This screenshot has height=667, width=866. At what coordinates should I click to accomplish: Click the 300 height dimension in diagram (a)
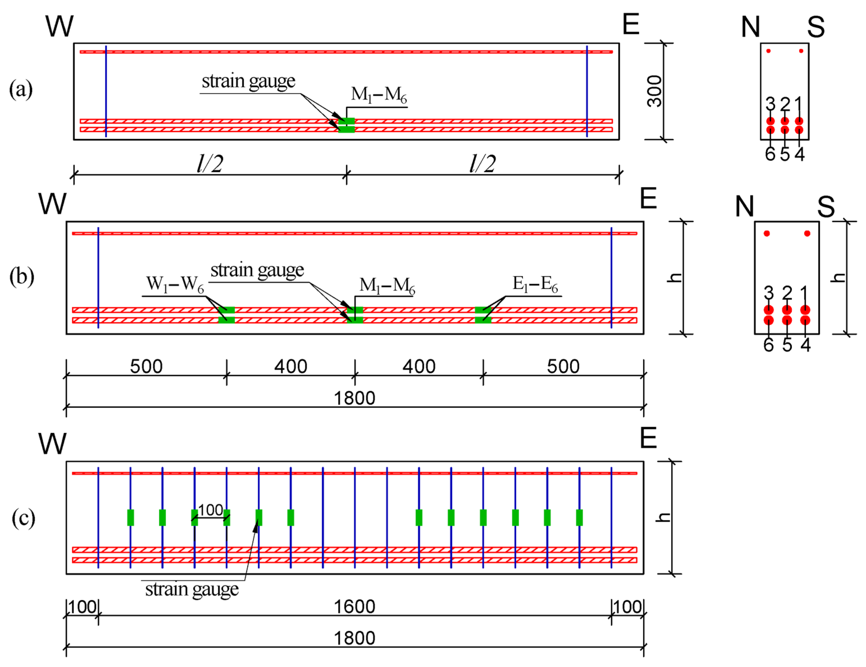[654, 91]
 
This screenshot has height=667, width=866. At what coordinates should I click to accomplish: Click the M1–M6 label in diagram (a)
[379, 96]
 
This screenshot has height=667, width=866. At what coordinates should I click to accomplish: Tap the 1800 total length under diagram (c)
[355, 638]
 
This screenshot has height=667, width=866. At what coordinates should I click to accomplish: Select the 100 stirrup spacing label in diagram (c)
[211, 510]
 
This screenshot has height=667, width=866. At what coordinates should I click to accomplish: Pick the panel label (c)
[23, 518]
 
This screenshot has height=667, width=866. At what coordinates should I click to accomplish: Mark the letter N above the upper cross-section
[751, 27]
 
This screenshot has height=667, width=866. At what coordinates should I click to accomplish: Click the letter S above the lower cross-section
[826, 207]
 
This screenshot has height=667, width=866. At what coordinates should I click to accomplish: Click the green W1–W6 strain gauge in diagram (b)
[227, 315]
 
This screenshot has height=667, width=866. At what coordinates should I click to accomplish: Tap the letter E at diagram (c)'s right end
[648, 438]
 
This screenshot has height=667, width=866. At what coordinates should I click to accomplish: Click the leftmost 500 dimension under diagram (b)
[146, 367]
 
